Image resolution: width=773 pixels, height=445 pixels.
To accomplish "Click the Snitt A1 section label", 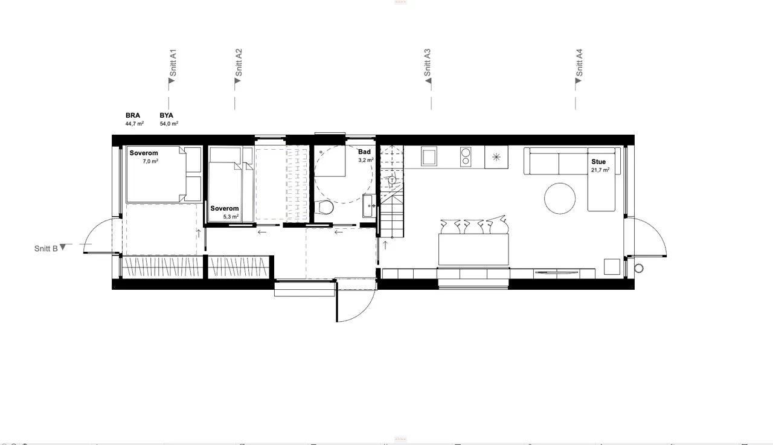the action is [x=173, y=63].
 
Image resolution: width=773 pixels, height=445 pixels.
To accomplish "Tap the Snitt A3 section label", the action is [x=427, y=63].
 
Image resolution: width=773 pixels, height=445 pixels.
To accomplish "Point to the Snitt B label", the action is [x=46, y=248].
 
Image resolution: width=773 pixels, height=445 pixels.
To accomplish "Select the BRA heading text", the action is [x=133, y=115].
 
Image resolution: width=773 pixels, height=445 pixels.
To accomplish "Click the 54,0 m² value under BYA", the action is [x=169, y=124].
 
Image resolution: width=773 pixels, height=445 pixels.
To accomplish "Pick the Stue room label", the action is [x=598, y=161].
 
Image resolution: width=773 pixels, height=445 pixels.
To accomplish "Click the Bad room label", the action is [x=364, y=152].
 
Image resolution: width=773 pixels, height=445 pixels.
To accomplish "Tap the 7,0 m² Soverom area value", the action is [x=150, y=161].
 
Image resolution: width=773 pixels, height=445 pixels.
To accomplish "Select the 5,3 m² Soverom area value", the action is [x=231, y=217].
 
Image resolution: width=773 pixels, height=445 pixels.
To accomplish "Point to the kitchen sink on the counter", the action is [x=429, y=156].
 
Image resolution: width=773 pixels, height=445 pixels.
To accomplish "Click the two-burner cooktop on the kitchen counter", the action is [x=466, y=157].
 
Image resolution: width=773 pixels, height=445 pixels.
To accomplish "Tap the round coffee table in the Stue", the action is [x=560, y=199].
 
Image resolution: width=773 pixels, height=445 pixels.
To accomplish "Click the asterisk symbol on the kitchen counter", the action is [x=496, y=158].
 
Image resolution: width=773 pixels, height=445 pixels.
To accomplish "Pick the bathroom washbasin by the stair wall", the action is [x=368, y=206].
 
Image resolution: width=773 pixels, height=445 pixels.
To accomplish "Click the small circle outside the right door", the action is [x=639, y=268].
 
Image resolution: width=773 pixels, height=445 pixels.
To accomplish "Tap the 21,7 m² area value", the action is [x=600, y=170].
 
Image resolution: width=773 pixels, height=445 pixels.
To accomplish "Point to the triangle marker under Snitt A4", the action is [x=579, y=81].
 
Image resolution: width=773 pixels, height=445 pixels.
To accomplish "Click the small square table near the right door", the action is [x=612, y=267].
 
